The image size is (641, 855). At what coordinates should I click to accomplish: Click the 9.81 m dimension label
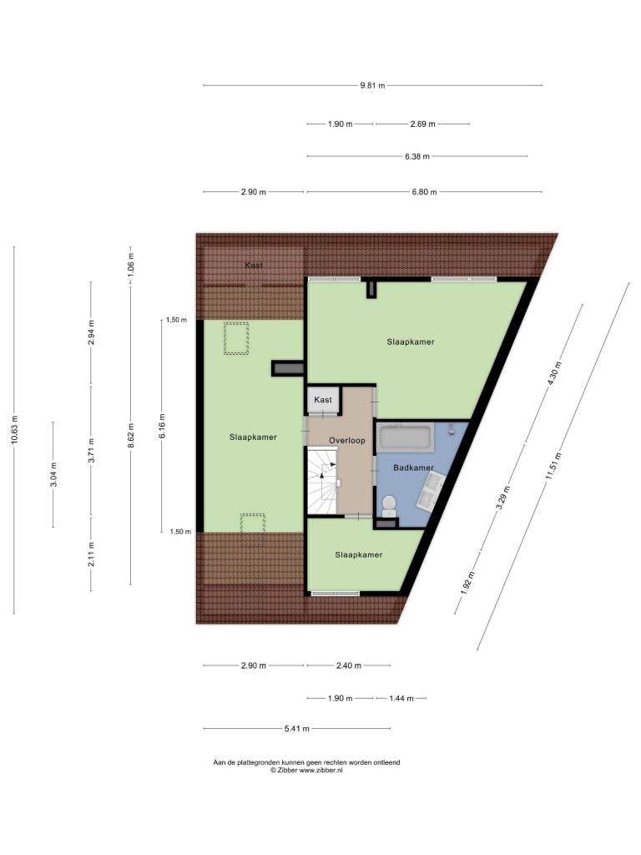372,86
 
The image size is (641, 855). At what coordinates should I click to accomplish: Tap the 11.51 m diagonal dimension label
555,466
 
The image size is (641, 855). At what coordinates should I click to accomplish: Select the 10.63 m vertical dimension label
15,430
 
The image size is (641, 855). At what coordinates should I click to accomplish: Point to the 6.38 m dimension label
417,156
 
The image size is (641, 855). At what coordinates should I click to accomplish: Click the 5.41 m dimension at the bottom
296,728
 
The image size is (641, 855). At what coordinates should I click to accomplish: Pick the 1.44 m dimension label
401,698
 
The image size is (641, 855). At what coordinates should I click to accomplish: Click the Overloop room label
346,441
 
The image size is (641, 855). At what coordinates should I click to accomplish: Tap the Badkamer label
414,468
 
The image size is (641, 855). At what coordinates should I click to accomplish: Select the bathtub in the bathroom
406,437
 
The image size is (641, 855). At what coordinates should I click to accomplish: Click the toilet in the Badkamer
389,505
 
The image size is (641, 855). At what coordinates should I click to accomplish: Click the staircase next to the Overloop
322,480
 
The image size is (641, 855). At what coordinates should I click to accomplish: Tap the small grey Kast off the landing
323,400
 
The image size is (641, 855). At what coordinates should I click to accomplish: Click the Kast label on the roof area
254,266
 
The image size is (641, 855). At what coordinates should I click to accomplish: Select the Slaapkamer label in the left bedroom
253,438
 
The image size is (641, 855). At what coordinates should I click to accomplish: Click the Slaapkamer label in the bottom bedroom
359,555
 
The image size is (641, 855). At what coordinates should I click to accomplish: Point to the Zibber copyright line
306,770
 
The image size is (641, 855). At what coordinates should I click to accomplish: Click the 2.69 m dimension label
422,124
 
